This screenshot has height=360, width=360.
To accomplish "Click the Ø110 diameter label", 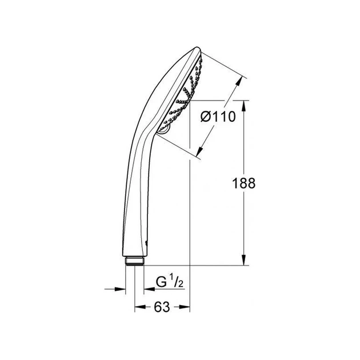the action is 218,117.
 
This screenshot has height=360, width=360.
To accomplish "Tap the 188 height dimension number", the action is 243,183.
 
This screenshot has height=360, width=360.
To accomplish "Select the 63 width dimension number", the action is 162,307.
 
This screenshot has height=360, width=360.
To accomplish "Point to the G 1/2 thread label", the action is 170,282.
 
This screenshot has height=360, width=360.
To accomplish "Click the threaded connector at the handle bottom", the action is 135,261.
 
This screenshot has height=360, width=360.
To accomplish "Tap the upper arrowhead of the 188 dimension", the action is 244,106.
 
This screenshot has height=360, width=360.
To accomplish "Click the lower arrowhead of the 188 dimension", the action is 244,260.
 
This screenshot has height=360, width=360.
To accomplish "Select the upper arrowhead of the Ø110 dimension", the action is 239,81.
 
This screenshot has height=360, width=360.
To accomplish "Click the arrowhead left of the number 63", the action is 140,307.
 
